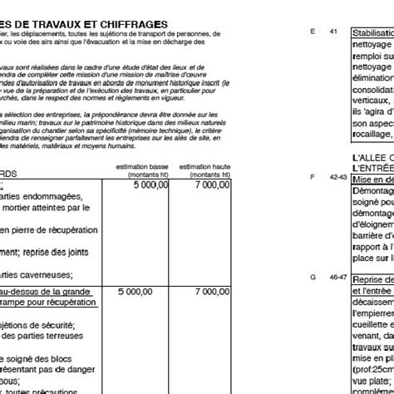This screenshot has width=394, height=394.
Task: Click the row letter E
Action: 312,32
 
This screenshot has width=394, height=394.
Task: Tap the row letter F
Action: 312,176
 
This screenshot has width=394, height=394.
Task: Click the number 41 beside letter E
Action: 334,32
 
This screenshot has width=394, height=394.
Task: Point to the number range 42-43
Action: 336,176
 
